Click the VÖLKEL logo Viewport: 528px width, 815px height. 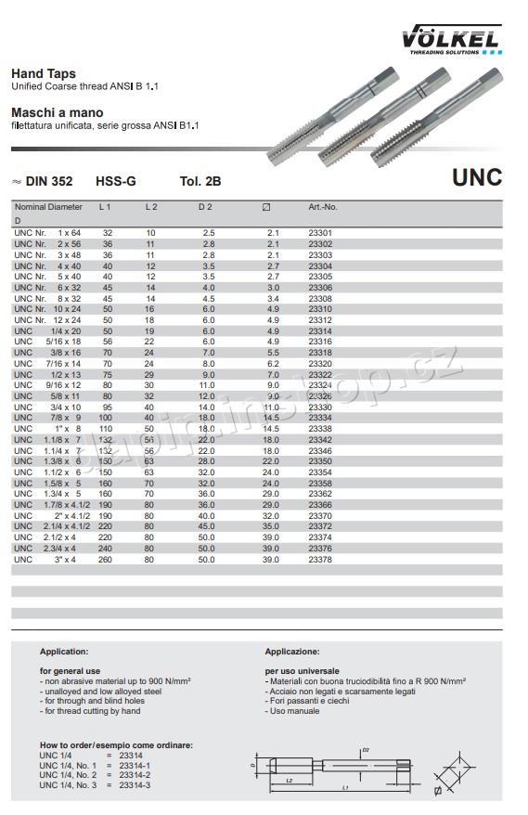[451, 39]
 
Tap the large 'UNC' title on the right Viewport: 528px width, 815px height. [477, 178]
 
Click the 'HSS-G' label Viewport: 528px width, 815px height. [115, 183]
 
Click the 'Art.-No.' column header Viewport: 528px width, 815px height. [322, 206]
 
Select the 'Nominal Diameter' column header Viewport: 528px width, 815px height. [48, 206]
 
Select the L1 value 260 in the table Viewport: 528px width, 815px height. [107, 560]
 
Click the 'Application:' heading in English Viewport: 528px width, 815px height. [64, 652]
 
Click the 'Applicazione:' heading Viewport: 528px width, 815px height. [292, 652]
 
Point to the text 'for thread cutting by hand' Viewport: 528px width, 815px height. [92, 711]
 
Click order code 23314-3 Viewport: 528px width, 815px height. [135, 786]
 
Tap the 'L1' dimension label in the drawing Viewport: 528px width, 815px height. [345, 788]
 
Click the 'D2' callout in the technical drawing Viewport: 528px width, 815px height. [366, 749]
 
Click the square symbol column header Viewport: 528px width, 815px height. [267, 206]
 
